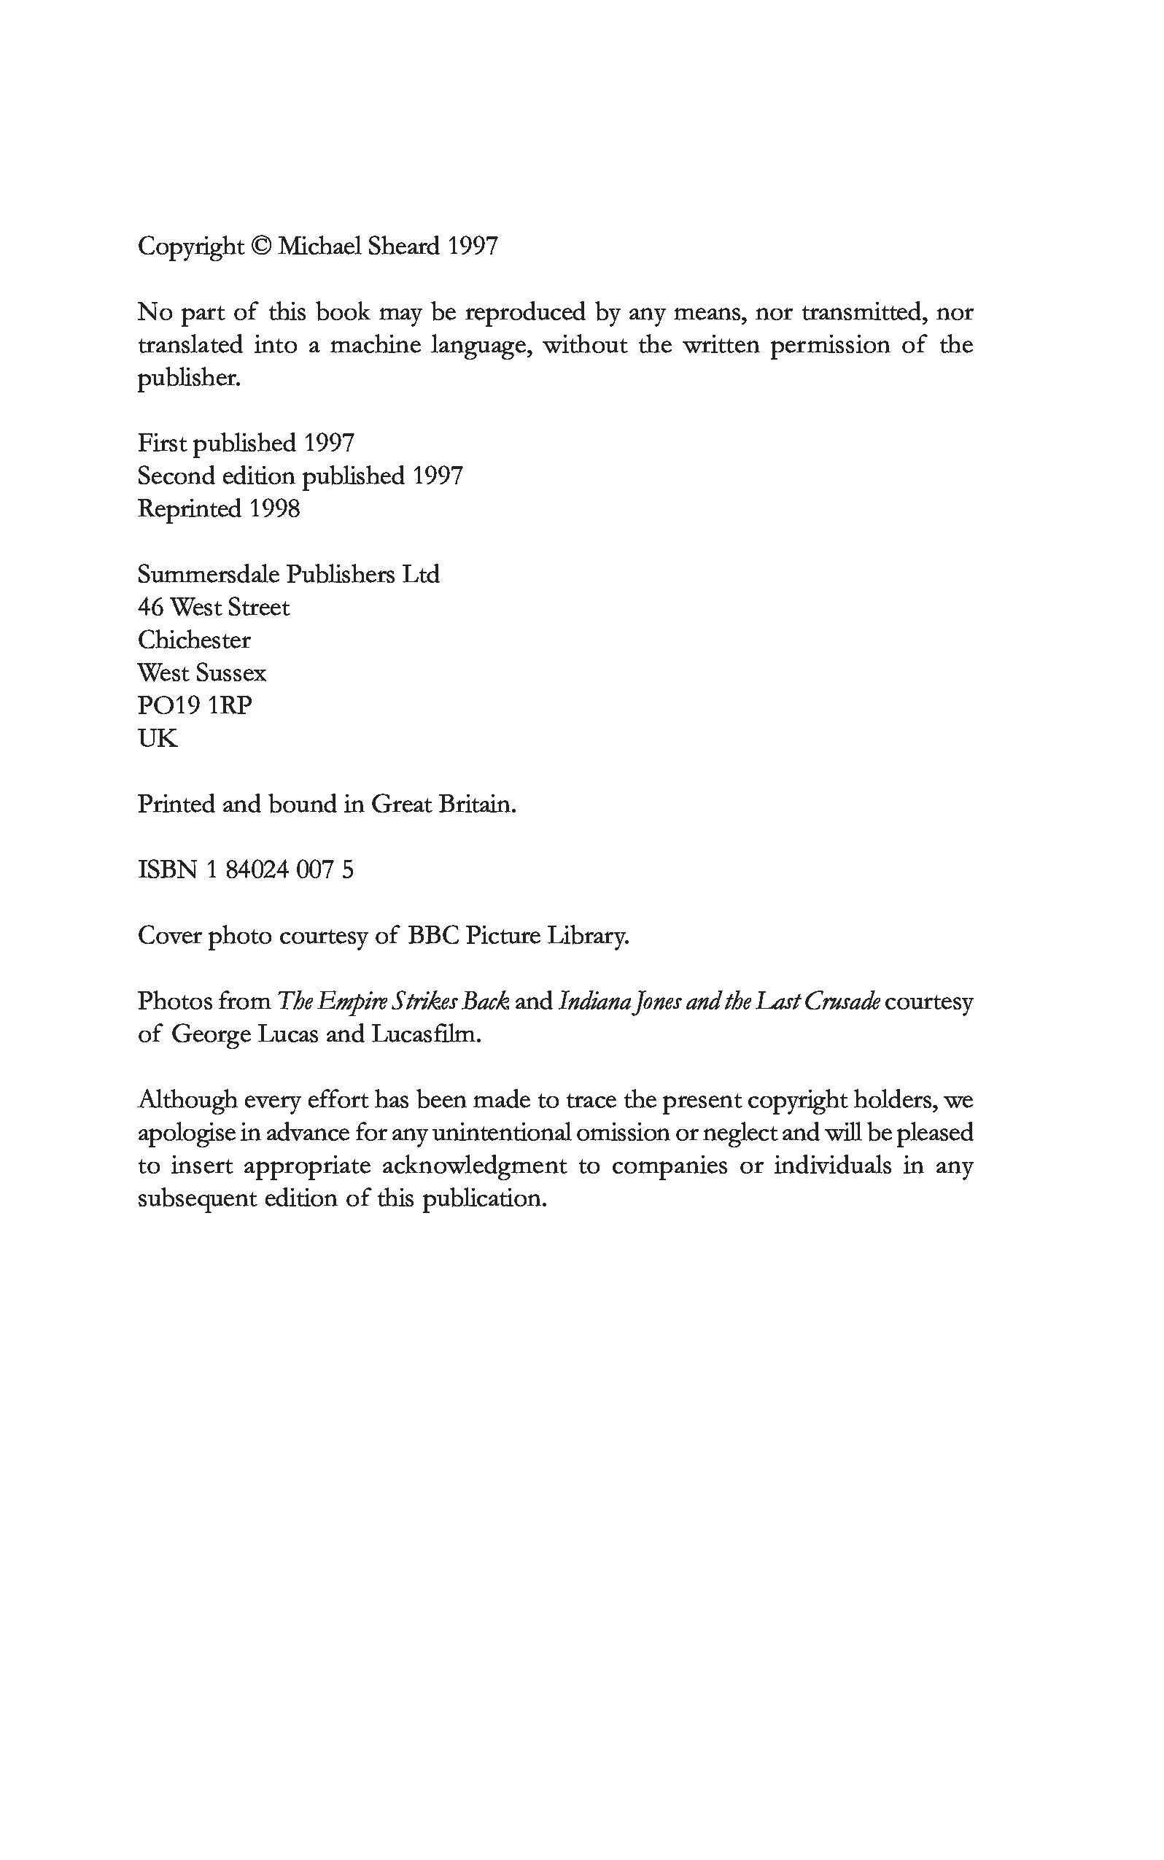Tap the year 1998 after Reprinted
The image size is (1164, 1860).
274,509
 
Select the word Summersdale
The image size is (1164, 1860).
208,574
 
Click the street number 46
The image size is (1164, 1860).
151,608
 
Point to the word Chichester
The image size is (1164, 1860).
194,640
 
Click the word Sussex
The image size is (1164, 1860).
231,674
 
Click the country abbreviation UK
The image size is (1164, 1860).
157,739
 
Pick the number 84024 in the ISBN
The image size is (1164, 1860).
257,870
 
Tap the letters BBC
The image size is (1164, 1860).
432,936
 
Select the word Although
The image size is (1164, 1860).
187,1100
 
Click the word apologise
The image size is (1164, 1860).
187,1134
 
